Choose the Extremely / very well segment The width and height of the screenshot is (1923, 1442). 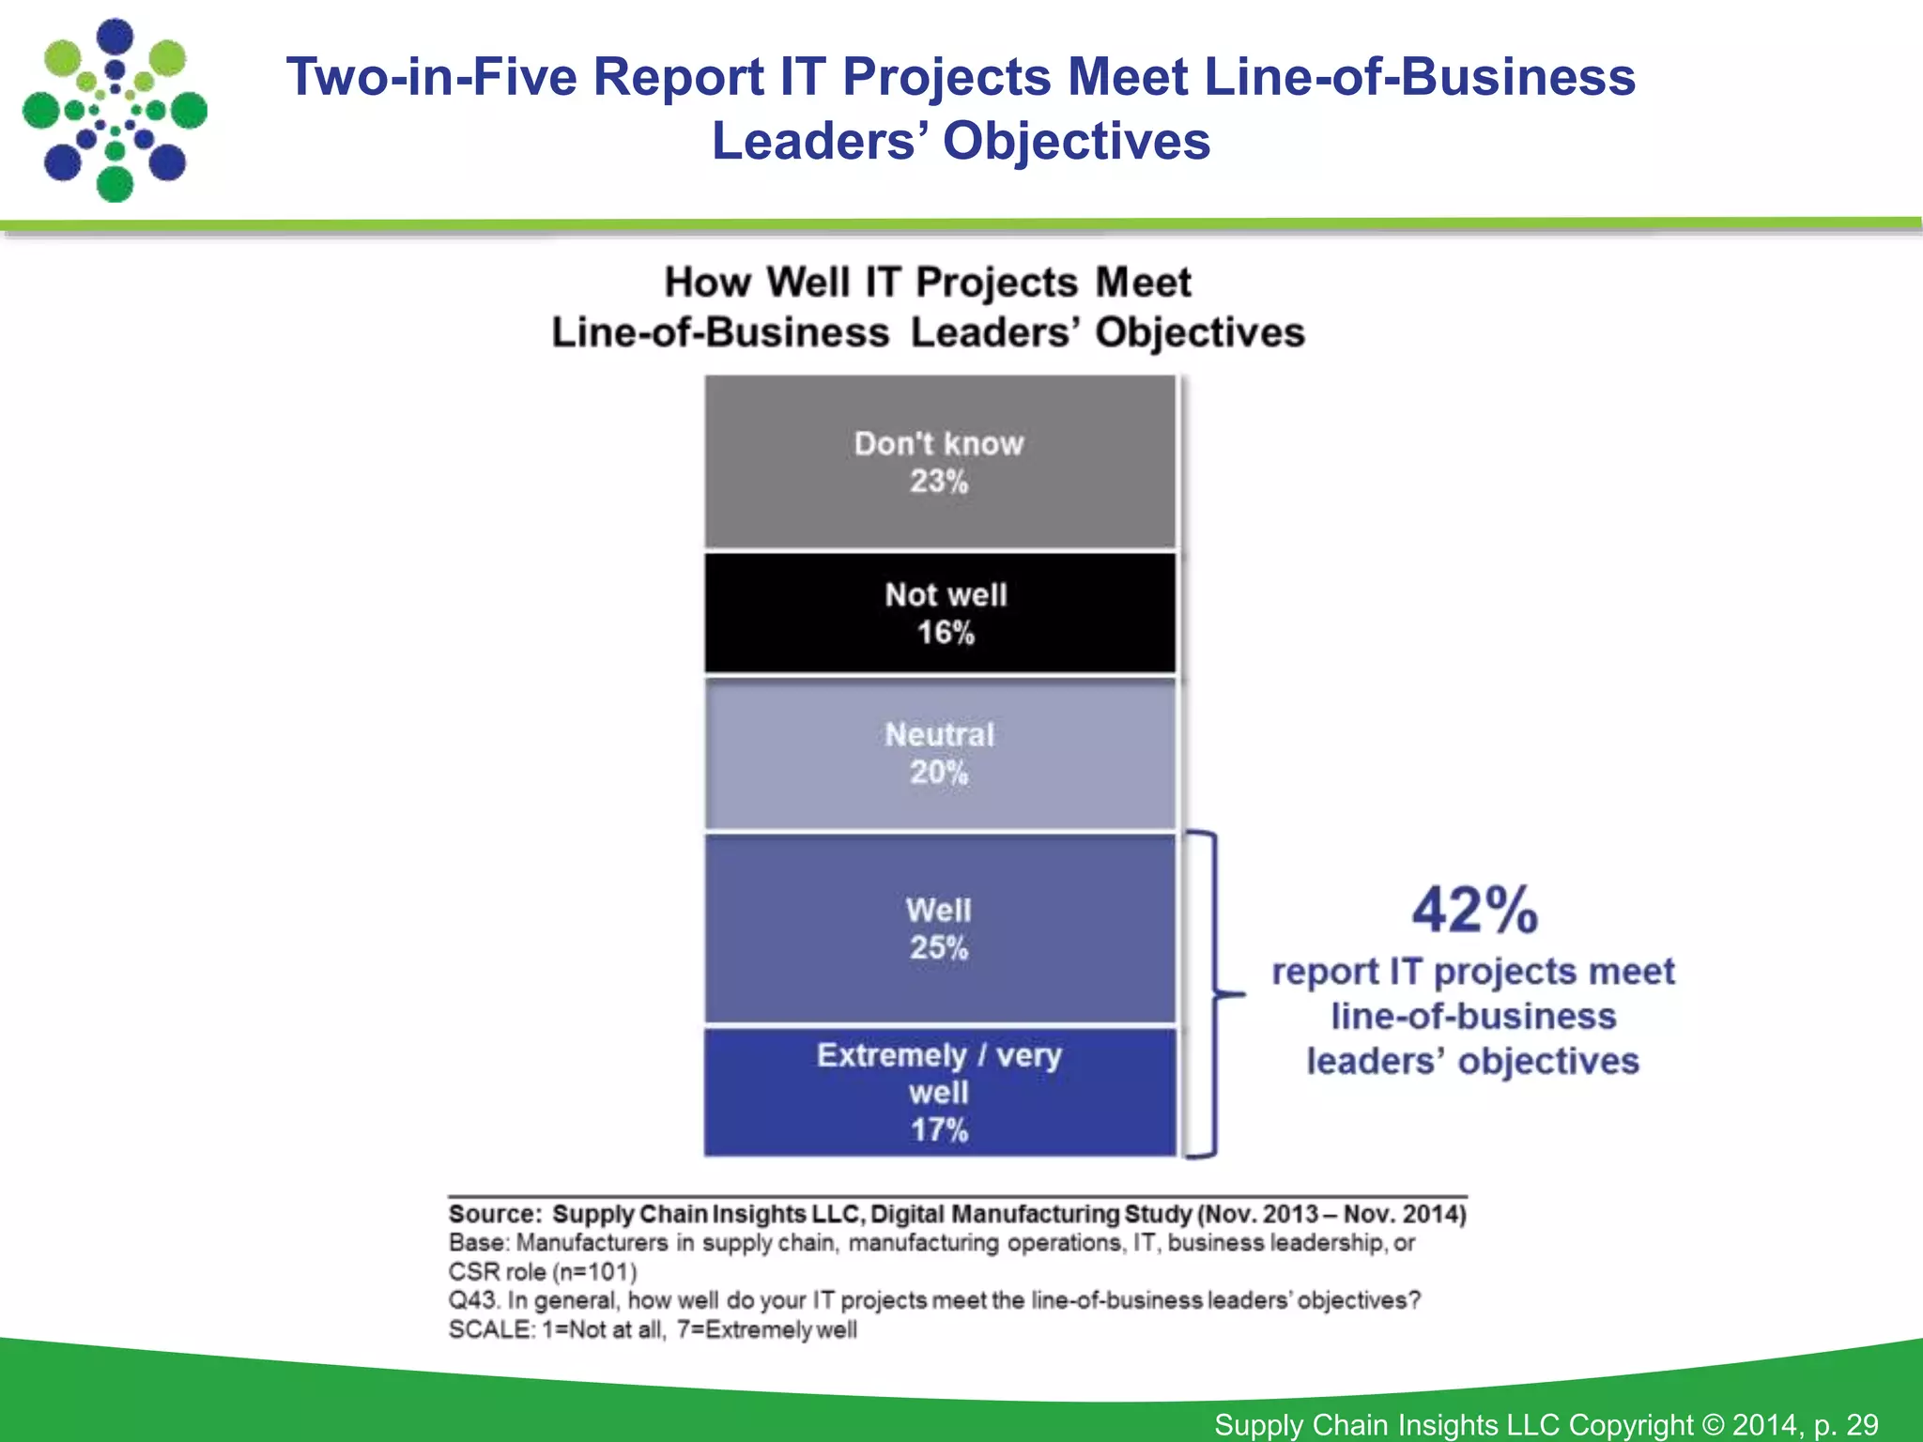(x=939, y=1092)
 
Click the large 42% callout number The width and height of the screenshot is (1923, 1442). (x=1474, y=910)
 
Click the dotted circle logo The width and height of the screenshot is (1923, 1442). (x=115, y=111)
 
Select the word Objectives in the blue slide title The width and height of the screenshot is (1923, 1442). (x=1076, y=142)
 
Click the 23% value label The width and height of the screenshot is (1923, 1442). (x=938, y=482)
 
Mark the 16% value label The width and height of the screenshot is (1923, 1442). (x=946, y=633)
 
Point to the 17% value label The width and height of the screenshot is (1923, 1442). (x=939, y=1130)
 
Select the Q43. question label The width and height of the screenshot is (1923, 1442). (x=472, y=1301)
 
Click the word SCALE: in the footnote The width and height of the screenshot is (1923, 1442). (x=491, y=1330)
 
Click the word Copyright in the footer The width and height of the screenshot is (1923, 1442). (x=1630, y=1425)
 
